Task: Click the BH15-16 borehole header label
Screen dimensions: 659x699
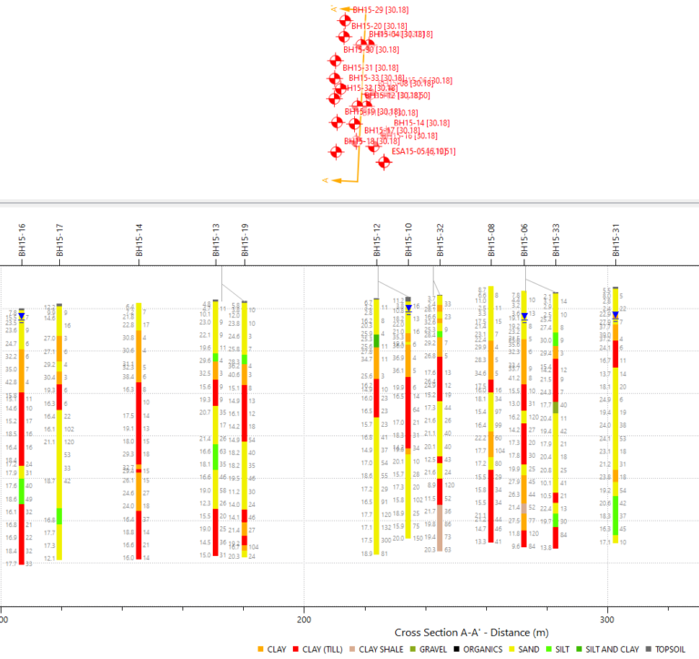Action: click(22, 239)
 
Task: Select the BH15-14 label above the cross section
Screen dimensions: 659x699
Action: click(138, 239)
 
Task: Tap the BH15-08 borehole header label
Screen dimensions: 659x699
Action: click(491, 239)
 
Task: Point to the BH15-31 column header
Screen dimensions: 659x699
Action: click(616, 239)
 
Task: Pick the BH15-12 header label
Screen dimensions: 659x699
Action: click(377, 239)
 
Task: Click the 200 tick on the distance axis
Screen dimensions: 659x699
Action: click(303, 618)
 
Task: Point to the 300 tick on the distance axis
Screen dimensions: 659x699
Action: click(606, 618)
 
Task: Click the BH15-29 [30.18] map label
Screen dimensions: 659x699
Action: click(380, 10)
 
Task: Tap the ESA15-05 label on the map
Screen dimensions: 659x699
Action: click(423, 151)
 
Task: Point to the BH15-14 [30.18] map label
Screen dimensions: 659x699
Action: click(421, 122)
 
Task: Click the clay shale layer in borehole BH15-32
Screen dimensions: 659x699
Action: click(439, 528)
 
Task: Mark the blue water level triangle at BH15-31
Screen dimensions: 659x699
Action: click(616, 316)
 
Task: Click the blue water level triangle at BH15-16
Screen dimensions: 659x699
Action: click(21, 316)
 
